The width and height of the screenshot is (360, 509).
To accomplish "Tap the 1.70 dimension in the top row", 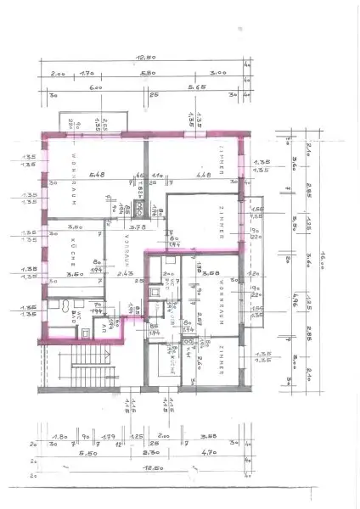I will coord(87,75).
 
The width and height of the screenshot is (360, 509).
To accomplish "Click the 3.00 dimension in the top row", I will coord(217,75).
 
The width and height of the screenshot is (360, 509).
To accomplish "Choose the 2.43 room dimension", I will coord(127,274).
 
